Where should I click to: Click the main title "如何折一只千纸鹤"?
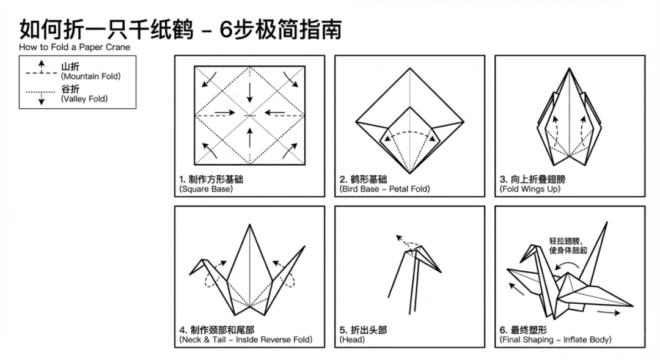click(x=106, y=29)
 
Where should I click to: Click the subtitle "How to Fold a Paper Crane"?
click(x=75, y=47)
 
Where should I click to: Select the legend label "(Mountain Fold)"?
click(x=90, y=76)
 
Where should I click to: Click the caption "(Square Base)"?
click(x=206, y=189)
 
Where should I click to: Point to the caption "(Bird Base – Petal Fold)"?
click(x=384, y=189)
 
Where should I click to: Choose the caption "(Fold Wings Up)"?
click(x=530, y=189)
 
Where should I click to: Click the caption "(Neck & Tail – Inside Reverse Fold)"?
click(x=246, y=339)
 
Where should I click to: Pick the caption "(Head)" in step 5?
click(x=352, y=339)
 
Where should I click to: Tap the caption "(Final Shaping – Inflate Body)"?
click(x=555, y=339)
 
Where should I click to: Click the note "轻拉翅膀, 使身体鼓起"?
click(x=568, y=245)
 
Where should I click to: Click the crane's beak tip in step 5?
click(x=441, y=272)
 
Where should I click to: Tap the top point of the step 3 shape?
click(x=569, y=68)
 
